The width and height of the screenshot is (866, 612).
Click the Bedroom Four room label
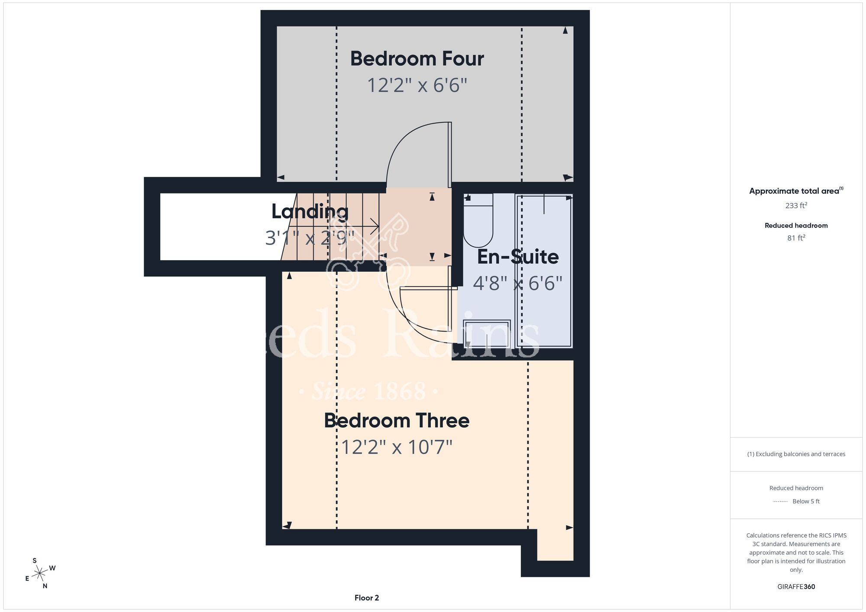(x=417, y=58)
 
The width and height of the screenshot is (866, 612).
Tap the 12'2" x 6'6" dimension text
(x=417, y=85)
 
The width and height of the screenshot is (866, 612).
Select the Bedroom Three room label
(x=397, y=420)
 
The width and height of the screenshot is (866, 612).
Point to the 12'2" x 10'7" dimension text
(x=397, y=447)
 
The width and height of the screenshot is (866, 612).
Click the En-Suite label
(x=518, y=257)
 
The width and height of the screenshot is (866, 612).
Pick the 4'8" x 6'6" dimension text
(x=518, y=283)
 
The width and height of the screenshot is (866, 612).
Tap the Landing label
(x=310, y=212)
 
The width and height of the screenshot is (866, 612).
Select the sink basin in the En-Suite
(x=487, y=334)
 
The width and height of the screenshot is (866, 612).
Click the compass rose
(x=40, y=573)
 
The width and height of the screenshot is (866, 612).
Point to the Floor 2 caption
(x=367, y=598)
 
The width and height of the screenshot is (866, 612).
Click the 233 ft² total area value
(x=796, y=205)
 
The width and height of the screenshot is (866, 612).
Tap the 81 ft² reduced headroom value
(x=796, y=238)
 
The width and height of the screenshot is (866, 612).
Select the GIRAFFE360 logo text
(x=796, y=586)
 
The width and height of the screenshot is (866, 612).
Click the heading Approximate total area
(x=796, y=191)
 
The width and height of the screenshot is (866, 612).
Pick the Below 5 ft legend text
(x=806, y=501)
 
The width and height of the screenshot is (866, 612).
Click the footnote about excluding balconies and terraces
(x=796, y=454)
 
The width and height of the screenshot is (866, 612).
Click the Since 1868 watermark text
(x=369, y=391)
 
